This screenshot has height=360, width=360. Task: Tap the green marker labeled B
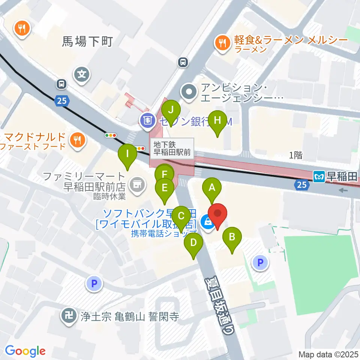232,237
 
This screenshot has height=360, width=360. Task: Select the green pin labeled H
217,121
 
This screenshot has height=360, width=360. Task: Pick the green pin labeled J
171,110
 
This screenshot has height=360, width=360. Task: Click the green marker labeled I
127,154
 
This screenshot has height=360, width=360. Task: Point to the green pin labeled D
193,243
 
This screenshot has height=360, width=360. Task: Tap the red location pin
218,214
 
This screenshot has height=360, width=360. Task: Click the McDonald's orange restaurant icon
78,140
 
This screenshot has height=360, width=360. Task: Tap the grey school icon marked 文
82,73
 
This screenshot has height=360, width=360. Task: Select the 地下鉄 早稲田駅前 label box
172,148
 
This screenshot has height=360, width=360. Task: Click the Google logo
25,351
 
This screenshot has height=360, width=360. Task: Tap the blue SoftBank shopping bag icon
207,222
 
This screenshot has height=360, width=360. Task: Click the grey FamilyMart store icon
136,184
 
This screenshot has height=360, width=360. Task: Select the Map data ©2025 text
328,354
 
